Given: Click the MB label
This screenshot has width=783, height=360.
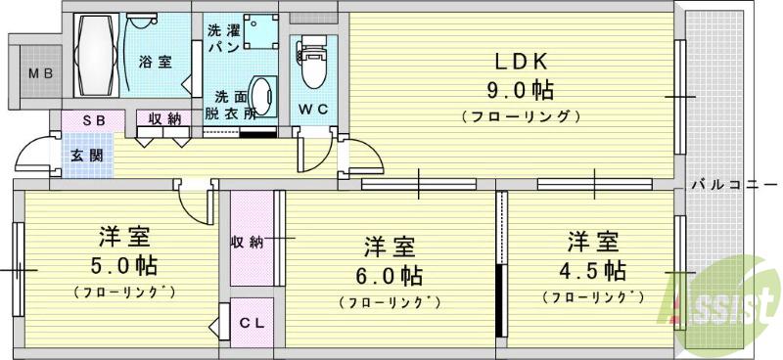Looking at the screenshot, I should coord(39,74).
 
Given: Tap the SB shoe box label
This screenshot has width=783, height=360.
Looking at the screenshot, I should coord(95,119).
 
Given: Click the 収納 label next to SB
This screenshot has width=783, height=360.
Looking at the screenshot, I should coord(164,119).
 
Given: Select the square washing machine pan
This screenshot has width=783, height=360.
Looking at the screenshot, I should coord(257,30).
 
